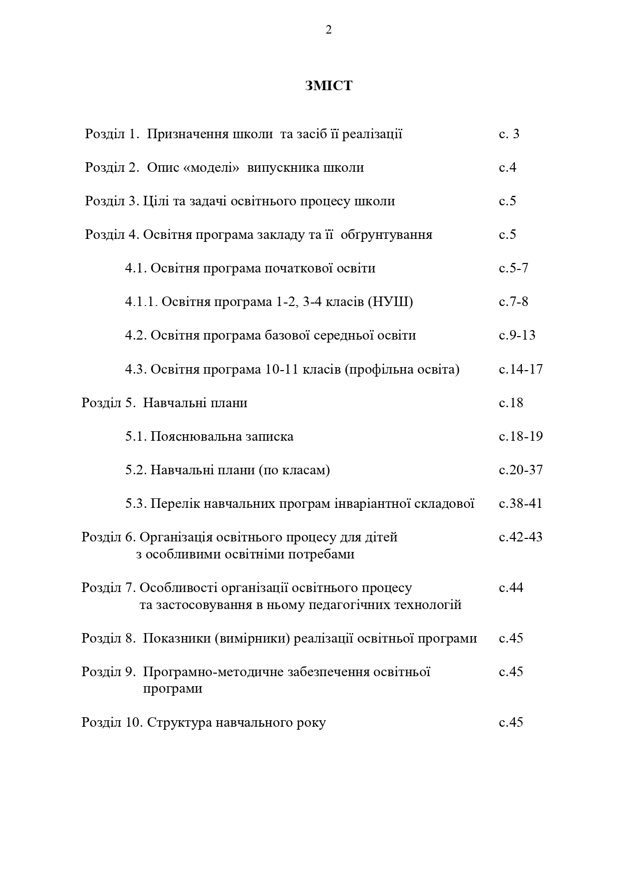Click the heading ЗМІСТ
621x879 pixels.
[x=328, y=86]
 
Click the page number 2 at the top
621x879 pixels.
[x=328, y=30]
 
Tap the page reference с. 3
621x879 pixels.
[x=509, y=134]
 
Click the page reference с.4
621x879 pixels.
[x=507, y=168]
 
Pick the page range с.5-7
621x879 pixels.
[x=513, y=268]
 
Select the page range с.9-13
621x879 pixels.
[x=517, y=336]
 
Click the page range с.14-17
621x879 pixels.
[x=520, y=370]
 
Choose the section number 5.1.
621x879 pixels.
[x=136, y=437]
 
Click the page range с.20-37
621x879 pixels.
[x=520, y=470]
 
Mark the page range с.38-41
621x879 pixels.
[x=520, y=504]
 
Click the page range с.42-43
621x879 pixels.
[x=520, y=537]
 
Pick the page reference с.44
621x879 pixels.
[x=511, y=588]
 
